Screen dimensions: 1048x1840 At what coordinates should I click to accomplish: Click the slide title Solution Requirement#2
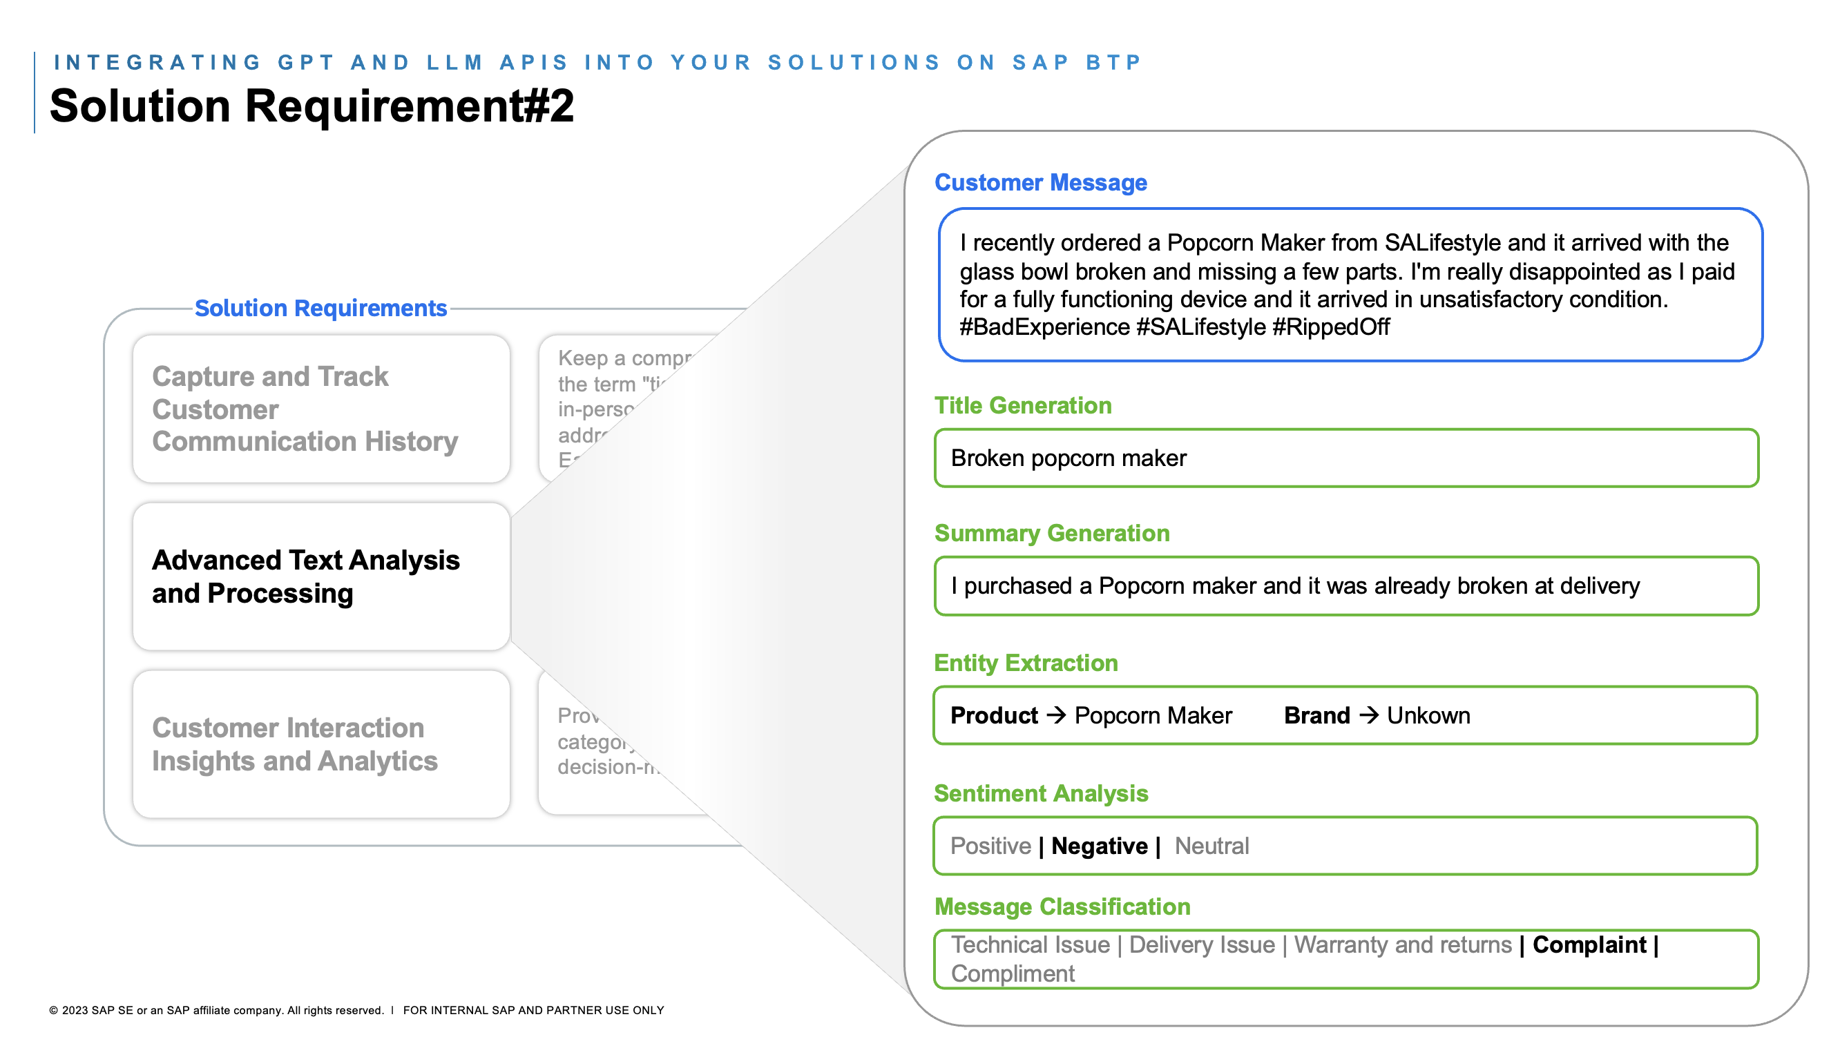tap(311, 106)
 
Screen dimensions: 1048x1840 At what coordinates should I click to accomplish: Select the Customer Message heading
tap(1039, 183)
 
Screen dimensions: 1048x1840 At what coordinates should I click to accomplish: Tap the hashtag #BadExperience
tap(1044, 327)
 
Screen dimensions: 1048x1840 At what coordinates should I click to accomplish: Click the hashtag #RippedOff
tap(1330, 327)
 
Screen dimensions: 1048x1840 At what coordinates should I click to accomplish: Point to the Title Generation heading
tap(1022, 406)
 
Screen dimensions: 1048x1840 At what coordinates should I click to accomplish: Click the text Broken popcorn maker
tap(1068, 458)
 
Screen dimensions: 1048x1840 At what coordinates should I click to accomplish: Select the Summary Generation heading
tap(1051, 534)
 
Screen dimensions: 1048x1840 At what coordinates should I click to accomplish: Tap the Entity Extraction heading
tap(1025, 663)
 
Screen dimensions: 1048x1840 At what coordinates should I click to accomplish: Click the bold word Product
tap(993, 715)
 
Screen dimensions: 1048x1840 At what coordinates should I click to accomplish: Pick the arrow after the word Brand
tap(1368, 715)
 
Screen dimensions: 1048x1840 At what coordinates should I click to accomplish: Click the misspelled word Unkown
tap(1428, 715)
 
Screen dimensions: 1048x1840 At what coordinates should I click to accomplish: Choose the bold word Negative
tap(1100, 846)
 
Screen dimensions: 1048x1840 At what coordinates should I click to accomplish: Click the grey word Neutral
tap(1211, 846)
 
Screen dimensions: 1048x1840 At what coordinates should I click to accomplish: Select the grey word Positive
tap(990, 846)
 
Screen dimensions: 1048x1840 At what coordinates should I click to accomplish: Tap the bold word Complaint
tap(1589, 945)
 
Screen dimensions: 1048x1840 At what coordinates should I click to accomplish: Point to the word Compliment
tap(1012, 974)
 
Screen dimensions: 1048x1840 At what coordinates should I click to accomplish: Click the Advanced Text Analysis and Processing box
tap(321, 576)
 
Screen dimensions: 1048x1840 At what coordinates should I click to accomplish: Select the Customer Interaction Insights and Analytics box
tap(321, 744)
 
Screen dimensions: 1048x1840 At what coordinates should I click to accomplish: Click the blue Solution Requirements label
tap(321, 308)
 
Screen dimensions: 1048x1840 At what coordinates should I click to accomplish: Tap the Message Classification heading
tap(1062, 907)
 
